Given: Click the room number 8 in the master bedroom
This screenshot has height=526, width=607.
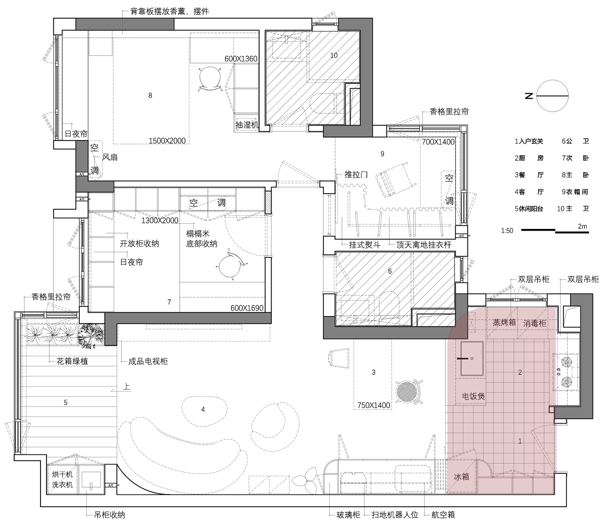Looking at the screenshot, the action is [x=150, y=95].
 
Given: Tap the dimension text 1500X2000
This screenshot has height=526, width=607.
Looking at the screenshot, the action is [x=167, y=141].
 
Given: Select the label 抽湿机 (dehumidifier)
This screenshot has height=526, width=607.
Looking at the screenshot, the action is [x=247, y=125].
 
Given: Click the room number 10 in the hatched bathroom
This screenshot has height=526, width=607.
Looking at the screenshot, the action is [x=334, y=55].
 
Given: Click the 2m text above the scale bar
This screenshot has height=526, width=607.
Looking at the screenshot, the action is [x=582, y=227].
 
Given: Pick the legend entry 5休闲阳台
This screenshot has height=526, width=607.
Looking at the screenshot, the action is [x=529, y=209].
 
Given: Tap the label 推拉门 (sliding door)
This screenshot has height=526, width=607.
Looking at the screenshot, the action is [x=356, y=175].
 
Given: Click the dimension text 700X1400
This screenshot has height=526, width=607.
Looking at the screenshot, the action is [x=438, y=142].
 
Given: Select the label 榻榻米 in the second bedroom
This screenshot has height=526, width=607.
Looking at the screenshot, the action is [x=197, y=234].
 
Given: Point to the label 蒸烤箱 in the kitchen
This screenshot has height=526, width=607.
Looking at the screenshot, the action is [x=504, y=322].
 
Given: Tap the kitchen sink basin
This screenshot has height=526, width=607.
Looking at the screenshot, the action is [x=472, y=358].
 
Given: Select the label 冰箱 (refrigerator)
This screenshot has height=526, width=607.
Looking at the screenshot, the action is [x=461, y=477].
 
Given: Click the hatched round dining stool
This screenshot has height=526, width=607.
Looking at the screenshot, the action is [x=406, y=391].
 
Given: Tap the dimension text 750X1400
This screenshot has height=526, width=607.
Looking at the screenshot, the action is [x=374, y=405].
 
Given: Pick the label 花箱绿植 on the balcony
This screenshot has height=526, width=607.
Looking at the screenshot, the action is [x=72, y=361].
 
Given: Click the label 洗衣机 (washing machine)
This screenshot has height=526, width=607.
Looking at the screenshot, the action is [x=62, y=485].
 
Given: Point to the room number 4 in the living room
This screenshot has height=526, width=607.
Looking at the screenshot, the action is [x=203, y=409].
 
